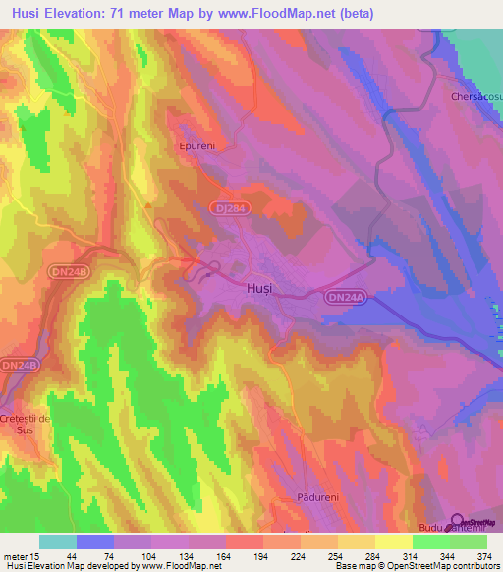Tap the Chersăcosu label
[x=475, y=98]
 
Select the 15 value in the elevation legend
[x=36, y=556]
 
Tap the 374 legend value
[x=486, y=556]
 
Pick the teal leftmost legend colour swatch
[x=57, y=542]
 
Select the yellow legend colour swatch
[x=393, y=542]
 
